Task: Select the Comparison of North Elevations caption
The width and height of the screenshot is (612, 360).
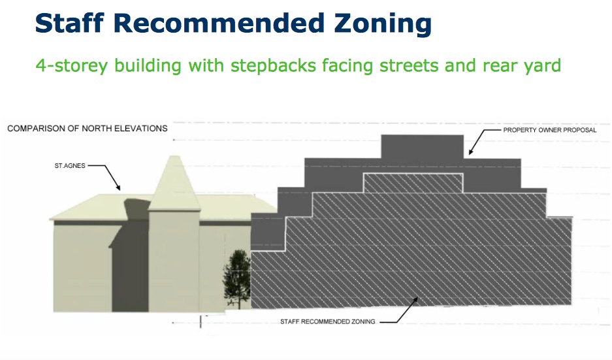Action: point(88,129)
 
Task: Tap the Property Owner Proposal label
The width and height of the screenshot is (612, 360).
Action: point(549,130)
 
